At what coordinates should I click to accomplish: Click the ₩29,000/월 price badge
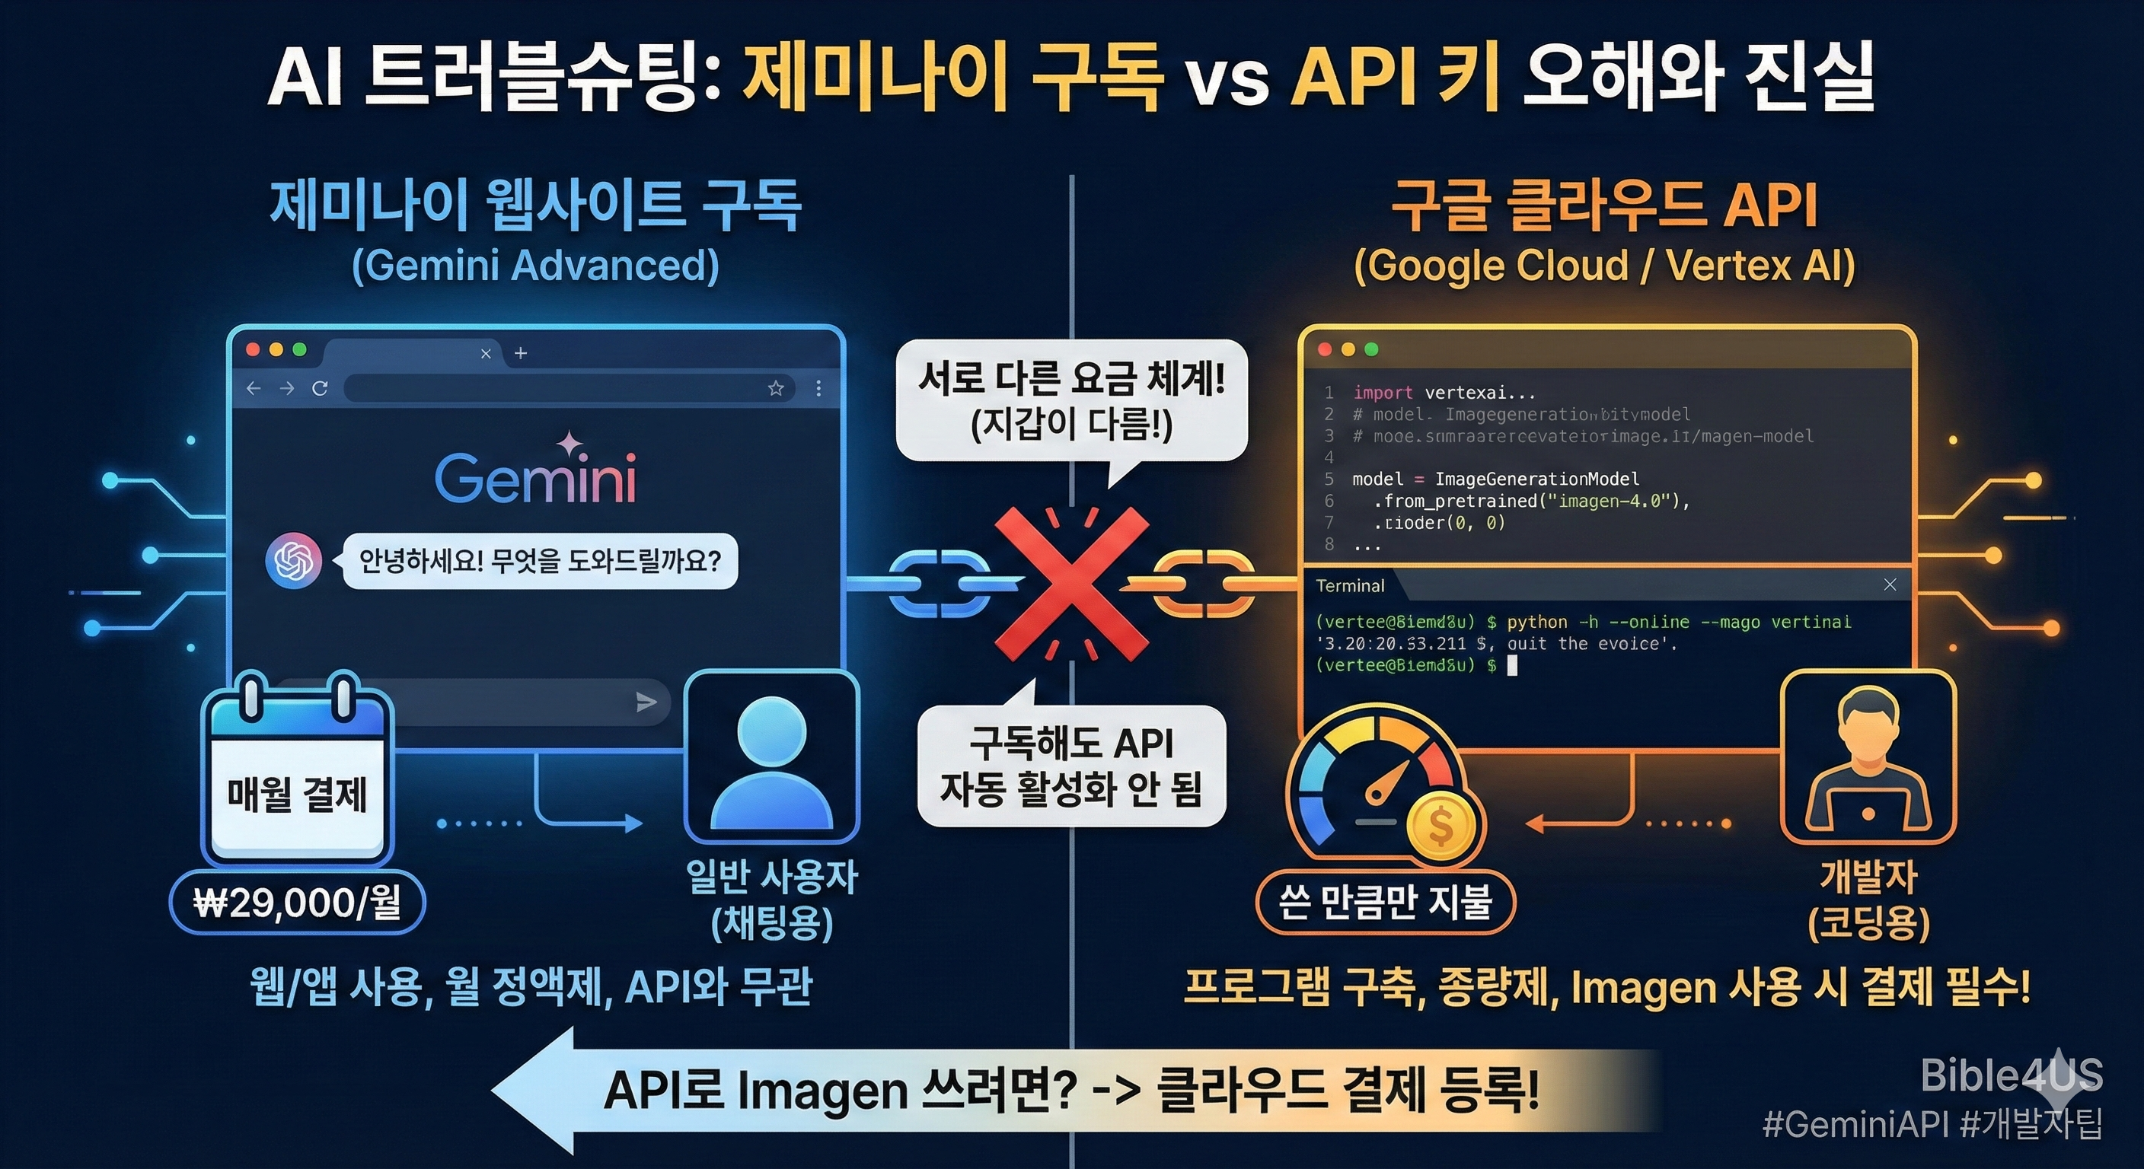tap(297, 903)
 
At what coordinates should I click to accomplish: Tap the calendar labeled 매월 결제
tap(297, 778)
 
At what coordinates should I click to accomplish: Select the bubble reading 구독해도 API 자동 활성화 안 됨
tap(1071, 766)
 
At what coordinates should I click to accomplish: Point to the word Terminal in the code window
tap(1350, 586)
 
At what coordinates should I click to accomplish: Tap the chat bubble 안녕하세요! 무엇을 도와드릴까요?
tap(540, 562)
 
